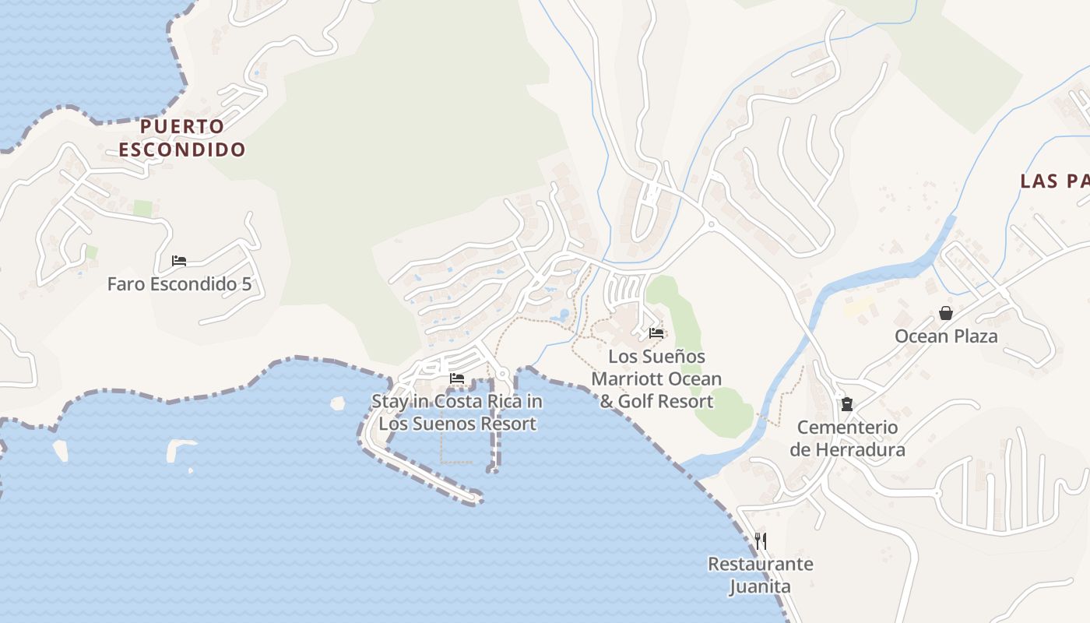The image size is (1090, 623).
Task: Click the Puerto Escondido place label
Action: (182, 138)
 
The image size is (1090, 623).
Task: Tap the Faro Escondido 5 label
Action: (179, 284)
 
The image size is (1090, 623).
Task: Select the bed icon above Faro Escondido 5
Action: (179, 261)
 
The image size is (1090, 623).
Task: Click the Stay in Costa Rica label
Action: (457, 413)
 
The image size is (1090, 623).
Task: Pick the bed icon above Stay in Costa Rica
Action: (457, 378)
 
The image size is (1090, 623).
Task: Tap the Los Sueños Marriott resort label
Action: (656, 378)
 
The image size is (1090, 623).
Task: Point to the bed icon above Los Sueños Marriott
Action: (656, 333)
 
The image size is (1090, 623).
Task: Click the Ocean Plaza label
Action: (946, 336)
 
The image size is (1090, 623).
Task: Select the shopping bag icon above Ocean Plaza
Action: (946, 313)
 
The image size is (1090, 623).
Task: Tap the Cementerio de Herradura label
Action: (847, 438)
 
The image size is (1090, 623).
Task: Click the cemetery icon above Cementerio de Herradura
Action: (847, 404)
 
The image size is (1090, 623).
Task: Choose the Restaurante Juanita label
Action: (760, 575)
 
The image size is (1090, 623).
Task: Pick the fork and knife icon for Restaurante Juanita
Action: (761, 540)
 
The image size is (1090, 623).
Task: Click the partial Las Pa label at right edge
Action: (1054, 181)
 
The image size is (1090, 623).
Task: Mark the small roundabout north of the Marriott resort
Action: (710, 224)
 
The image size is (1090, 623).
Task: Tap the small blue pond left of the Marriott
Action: (562, 315)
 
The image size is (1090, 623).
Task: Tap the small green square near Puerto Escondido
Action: (142, 209)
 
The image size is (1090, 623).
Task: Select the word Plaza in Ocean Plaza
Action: (972, 336)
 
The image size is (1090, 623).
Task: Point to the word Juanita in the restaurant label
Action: (760, 586)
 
